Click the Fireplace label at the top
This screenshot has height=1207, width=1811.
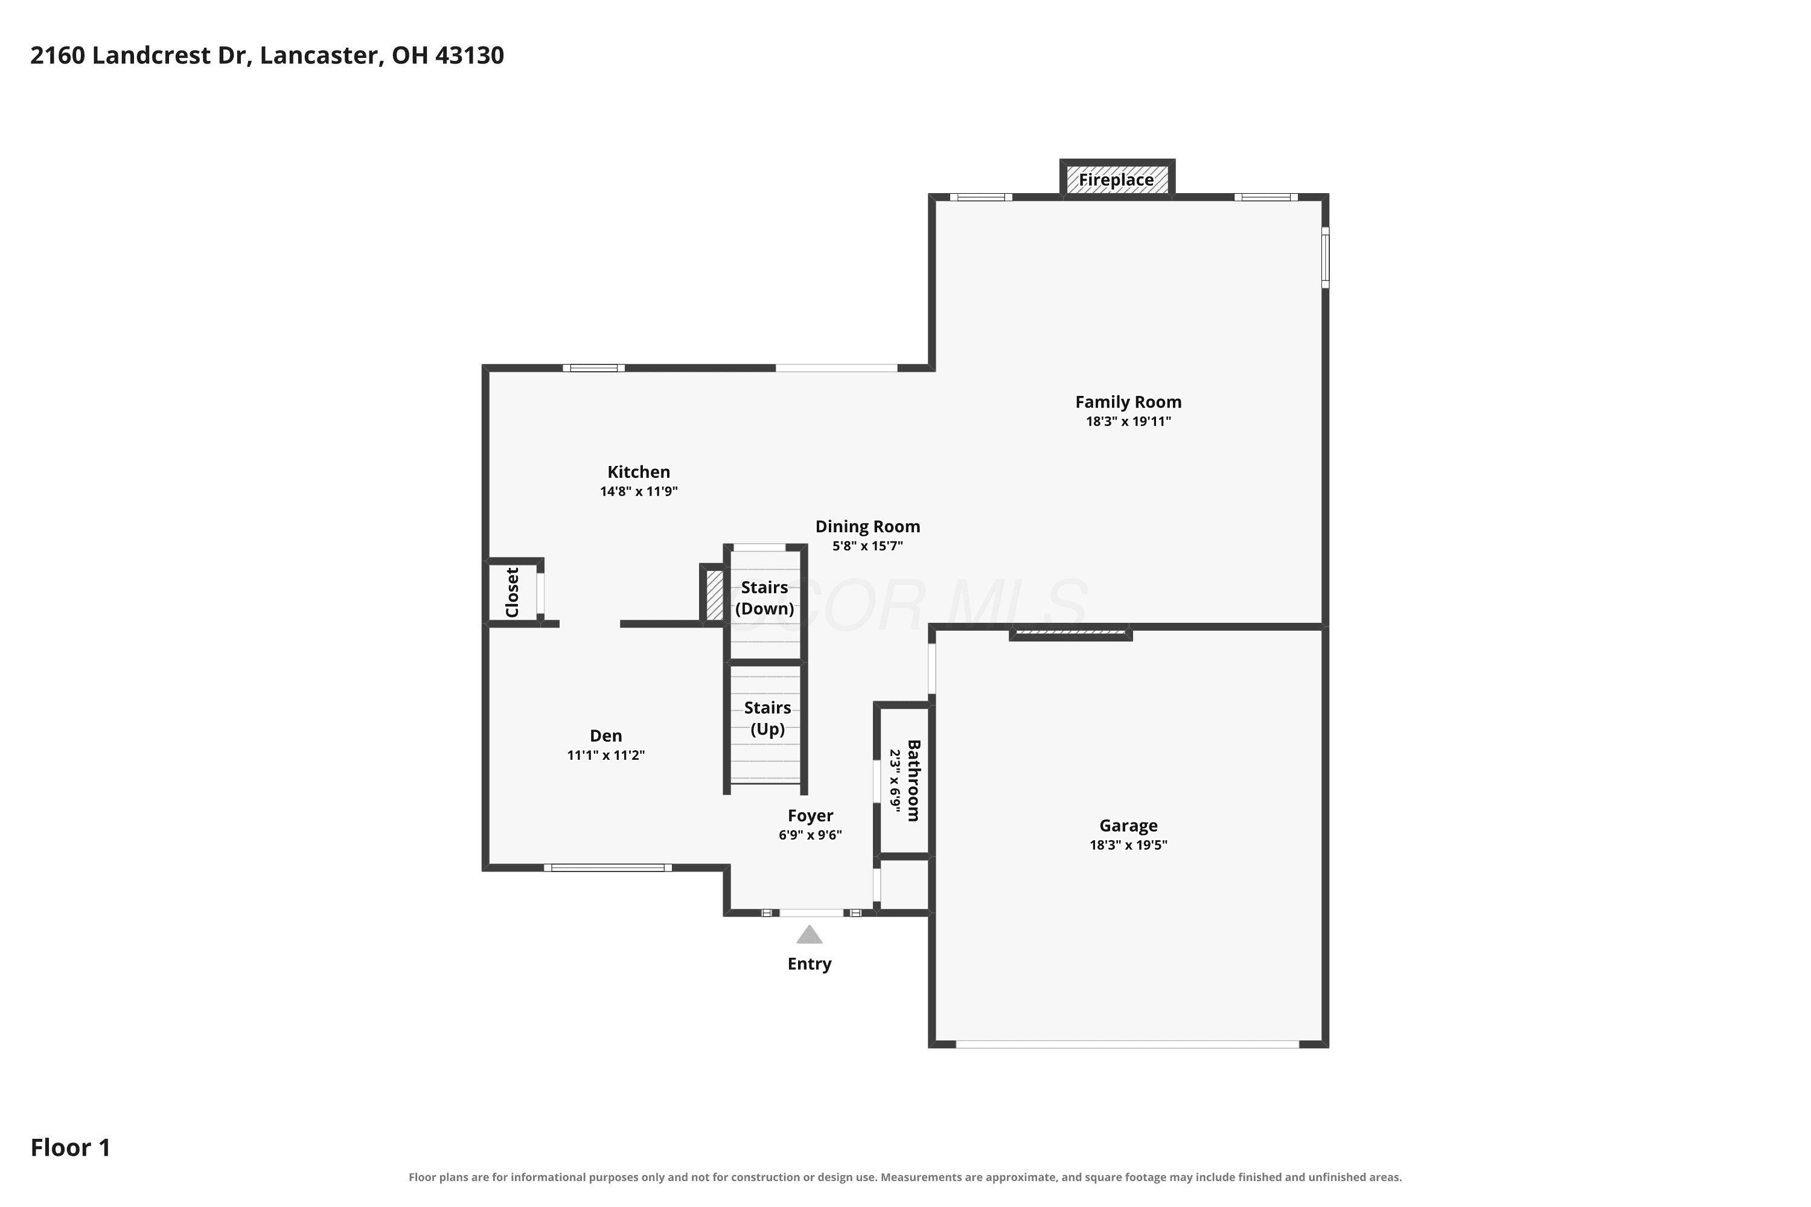coord(1116,180)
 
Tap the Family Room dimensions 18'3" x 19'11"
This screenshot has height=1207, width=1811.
coord(1128,421)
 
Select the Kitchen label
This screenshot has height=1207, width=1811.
coord(638,472)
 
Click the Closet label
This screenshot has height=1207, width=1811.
coord(512,592)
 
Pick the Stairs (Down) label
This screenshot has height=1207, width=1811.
coord(765,598)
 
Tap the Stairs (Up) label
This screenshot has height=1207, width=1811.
coord(768,718)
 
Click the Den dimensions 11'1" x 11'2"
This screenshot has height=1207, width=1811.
coord(606,755)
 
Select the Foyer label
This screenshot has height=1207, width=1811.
coord(810,815)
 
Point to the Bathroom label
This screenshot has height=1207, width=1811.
coord(914,780)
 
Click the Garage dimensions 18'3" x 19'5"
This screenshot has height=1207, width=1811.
coord(1128,844)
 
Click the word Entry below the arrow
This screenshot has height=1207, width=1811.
coord(810,964)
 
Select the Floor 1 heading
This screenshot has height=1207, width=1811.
coord(71,1148)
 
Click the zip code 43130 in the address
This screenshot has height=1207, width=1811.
coord(470,56)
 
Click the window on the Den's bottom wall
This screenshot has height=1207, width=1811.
coord(607,868)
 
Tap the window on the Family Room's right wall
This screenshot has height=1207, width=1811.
coord(1325,257)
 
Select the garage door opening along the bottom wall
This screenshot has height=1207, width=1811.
coord(1127,1045)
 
